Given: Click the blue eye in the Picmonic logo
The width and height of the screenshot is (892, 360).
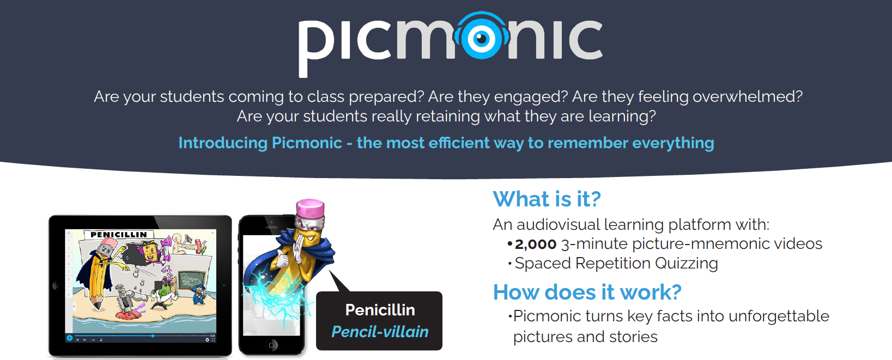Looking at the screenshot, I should coord(482,38).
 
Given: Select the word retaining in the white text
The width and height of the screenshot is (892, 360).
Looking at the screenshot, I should coord(448,116).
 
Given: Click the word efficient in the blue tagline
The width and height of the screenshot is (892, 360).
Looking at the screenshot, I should coord(459,143).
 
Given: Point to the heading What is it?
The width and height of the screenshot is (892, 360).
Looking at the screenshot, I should coord(547,199).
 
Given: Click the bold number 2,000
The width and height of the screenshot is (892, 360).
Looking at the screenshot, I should coord(535,244).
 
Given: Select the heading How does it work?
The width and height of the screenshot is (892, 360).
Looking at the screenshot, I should coord(587,292).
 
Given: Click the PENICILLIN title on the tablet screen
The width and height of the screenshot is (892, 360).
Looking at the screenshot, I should coord(119,235).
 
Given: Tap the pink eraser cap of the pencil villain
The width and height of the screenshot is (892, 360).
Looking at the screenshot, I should coord(310,208).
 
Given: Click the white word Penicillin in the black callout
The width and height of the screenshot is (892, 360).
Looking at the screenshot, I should coord(380,310).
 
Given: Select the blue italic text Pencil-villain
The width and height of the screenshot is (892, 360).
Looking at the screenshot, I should coord(380,332).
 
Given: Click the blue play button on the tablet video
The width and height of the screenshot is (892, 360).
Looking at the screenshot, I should coord(70,338).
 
